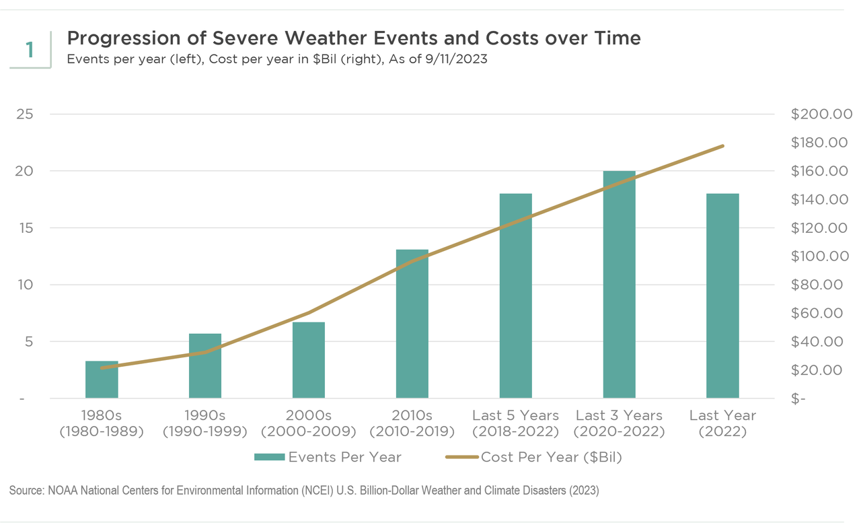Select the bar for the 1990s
(205, 366)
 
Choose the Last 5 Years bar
(516, 296)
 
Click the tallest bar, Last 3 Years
(620, 285)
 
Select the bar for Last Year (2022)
(723, 296)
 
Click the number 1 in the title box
(30, 49)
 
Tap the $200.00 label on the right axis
(821, 114)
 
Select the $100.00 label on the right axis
(821, 256)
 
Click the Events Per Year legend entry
(328, 458)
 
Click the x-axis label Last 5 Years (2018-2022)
(515, 423)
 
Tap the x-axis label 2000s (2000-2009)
(309, 423)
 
